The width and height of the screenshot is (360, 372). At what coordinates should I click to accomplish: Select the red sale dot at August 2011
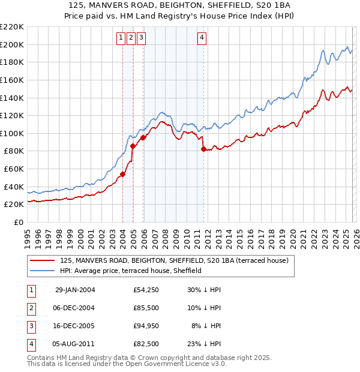point(203,149)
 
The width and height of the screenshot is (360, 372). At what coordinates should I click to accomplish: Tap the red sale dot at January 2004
point(122,174)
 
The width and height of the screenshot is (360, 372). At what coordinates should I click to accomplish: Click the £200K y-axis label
point(13,44)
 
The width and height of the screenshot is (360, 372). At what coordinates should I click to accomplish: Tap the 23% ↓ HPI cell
point(204,344)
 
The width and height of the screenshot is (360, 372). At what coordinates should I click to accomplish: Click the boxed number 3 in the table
point(31,326)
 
